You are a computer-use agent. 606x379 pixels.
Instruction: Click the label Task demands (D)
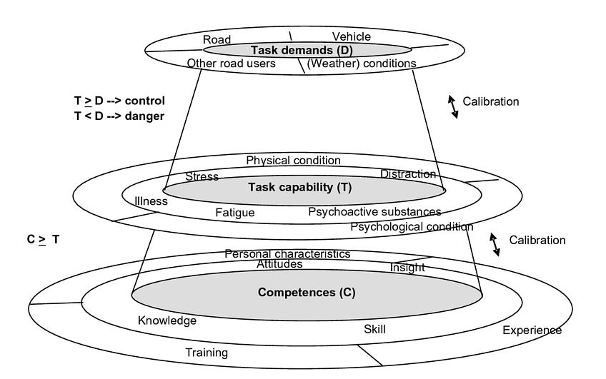click(302, 50)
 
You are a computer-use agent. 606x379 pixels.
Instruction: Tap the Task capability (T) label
click(300, 188)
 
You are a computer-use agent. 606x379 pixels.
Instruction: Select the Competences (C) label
click(307, 293)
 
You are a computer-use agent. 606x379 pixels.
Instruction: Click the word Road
click(217, 40)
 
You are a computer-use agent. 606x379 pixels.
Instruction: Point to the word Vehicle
click(352, 36)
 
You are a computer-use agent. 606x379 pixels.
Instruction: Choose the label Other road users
click(231, 64)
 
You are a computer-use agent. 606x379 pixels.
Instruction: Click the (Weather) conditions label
click(362, 64)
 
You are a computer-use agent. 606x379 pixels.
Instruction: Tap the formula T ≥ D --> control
click(119, 101)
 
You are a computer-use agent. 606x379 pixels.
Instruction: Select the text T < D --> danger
click(119, 116)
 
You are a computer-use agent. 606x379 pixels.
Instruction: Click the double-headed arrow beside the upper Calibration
click(453, 106)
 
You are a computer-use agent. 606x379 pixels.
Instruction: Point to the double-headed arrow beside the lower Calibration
click(495, 244)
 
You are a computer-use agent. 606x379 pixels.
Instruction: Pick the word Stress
click(202, 176)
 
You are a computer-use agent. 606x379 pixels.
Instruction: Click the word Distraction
click(408, 173)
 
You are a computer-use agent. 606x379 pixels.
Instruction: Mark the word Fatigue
click(235, 212)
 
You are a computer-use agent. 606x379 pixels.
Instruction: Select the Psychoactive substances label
click(374, 212)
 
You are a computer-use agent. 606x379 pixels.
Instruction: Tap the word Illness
click(151, 201)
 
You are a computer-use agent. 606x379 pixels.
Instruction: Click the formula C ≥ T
click(43, 240)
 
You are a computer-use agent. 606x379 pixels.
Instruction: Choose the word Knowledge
click(167, 320)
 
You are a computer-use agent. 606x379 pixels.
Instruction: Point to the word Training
click(207, 353)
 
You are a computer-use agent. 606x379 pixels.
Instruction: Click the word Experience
click(532, 330)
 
